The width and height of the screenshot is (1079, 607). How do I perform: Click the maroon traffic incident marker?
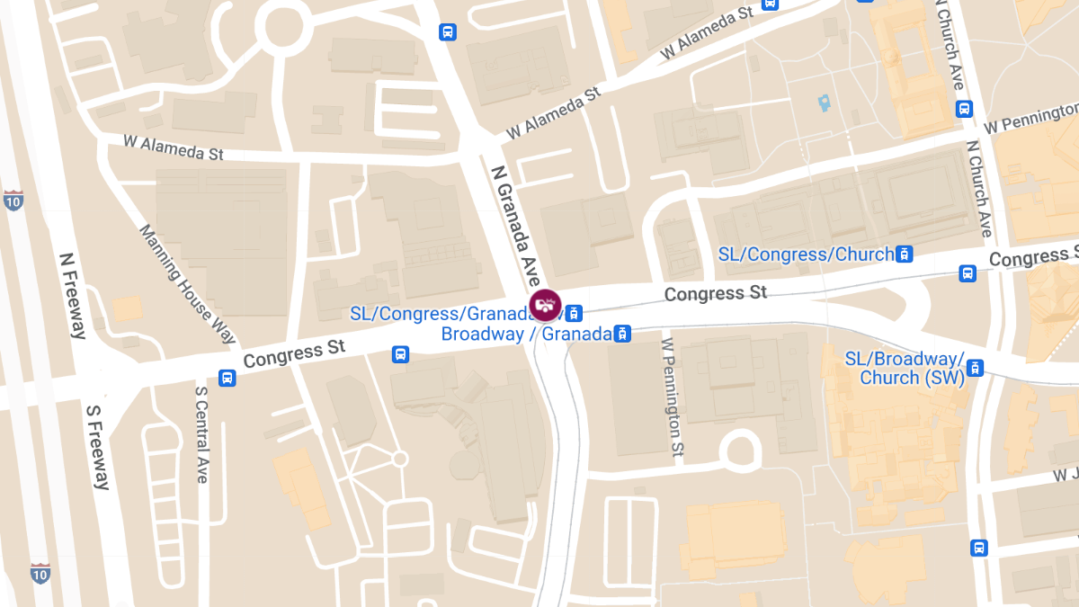coord(544,305)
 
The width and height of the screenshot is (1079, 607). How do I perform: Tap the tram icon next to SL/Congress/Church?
coord(905,254)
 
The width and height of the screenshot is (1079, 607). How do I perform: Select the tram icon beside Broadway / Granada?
coord(620,335)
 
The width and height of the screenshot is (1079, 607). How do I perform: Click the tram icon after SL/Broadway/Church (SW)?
coord(975,368)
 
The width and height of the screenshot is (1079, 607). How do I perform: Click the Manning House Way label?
coord(187,284)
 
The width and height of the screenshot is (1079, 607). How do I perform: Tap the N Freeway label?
coord(72,295)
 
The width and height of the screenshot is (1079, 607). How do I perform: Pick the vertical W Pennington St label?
coord(673,396)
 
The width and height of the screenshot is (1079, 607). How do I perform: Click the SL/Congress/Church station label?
coord(806,254)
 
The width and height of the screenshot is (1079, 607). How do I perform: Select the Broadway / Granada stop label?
coord(526,335)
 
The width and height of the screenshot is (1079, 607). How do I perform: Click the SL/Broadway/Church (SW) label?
coord(903,369)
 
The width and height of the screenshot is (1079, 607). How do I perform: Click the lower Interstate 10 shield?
coord(40,573)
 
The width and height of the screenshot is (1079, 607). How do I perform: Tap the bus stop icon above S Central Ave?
coord(227,379)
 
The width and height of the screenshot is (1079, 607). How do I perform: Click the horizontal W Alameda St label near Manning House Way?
coord(174,147)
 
